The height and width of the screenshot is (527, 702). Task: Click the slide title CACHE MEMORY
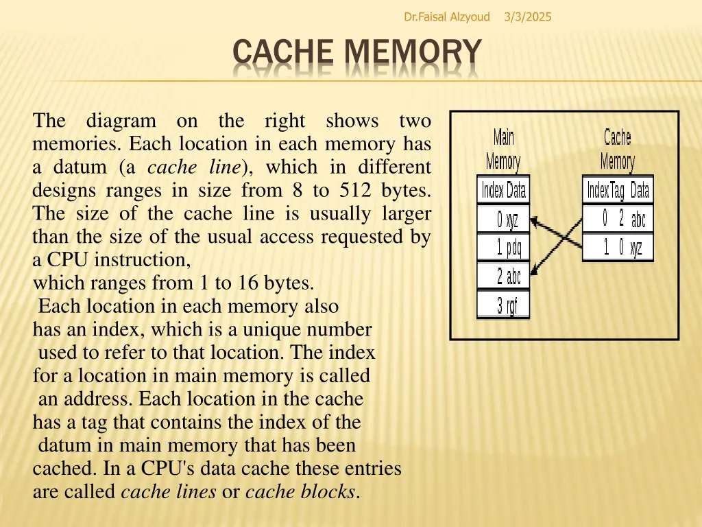pos(356,54)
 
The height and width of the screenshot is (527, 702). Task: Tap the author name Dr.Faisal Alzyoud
pos(447,16)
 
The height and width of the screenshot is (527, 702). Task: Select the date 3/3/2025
pos(527,16)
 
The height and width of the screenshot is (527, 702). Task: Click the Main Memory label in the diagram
pos(503,150)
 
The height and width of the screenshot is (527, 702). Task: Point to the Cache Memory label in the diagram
pos(617,150)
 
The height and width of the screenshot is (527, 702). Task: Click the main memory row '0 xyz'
pos(503,220)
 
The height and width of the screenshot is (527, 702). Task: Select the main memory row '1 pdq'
pos(503,248)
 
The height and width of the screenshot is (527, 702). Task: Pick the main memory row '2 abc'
pos(503,277)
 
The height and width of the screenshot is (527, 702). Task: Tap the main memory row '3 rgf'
pos(503,305)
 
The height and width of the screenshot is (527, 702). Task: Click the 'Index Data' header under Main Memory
pos(503,190)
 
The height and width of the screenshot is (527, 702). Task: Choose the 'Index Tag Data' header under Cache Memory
pos(618,190)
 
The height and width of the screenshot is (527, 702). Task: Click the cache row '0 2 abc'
pos(618,220)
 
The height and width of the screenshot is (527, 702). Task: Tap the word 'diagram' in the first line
pos(121,121)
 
